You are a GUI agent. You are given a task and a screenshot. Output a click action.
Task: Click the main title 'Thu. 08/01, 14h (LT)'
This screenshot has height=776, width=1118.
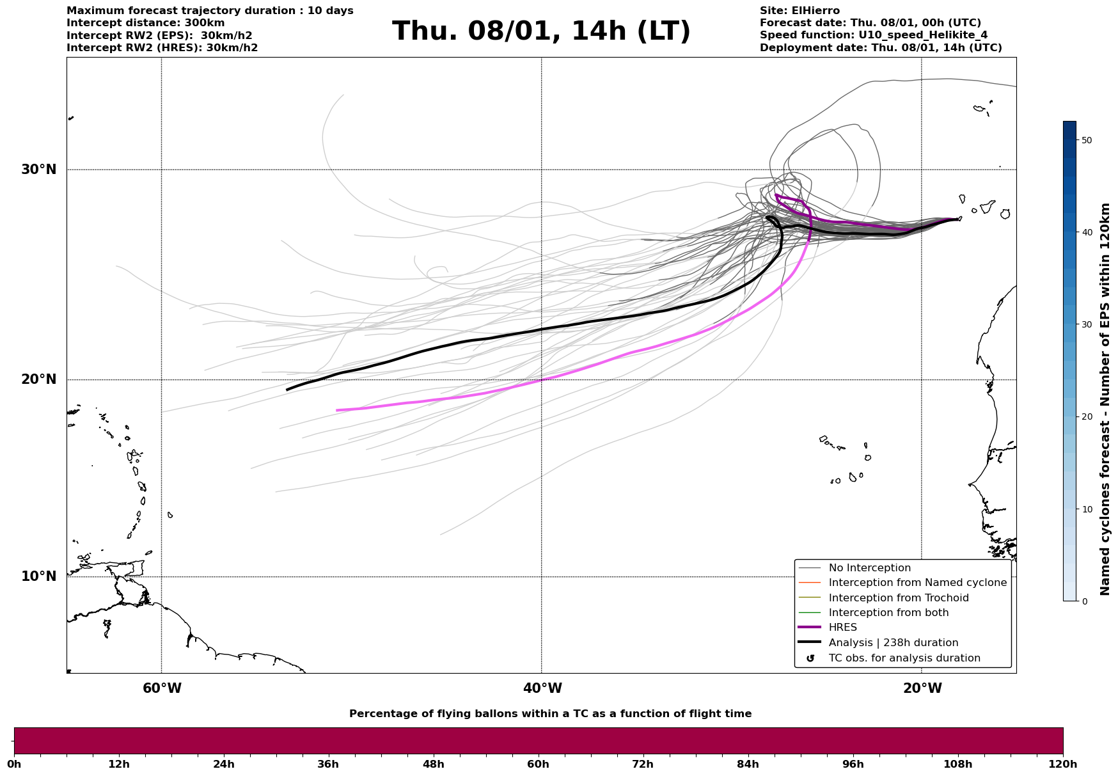541,31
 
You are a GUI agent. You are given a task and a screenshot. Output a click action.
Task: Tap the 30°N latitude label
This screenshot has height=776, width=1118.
39,170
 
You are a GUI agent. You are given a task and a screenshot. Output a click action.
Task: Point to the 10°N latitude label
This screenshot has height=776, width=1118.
39,576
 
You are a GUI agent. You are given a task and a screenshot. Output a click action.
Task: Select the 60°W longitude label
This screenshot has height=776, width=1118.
162,688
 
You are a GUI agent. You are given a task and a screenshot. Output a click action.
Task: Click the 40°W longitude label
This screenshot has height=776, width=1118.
542,688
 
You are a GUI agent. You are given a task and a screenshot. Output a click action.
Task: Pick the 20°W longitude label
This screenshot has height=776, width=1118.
922,688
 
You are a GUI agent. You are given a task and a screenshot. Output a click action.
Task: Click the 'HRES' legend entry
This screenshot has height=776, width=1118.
842,628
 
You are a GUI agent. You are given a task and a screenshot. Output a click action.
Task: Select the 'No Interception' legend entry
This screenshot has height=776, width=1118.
869,568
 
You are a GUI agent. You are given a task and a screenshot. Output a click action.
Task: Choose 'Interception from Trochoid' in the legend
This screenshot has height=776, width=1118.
898,598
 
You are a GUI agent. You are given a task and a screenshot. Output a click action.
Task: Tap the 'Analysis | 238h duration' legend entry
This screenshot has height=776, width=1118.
893,643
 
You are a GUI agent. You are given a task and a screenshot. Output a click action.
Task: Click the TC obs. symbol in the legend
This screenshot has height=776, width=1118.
810,658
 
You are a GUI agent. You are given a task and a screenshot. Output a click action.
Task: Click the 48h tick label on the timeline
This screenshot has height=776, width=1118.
433,764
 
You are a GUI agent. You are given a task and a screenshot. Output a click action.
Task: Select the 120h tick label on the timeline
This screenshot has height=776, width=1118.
1062,764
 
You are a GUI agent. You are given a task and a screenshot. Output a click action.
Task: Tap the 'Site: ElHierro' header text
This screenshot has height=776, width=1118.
799,11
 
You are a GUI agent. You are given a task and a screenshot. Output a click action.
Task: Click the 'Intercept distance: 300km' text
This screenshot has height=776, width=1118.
146,23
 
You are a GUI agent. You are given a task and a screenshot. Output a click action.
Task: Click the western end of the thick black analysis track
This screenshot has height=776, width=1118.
287,390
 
